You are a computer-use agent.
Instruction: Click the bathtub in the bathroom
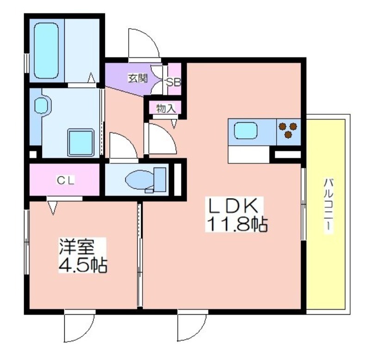point(46,50)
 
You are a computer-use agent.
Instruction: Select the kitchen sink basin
point(246,131)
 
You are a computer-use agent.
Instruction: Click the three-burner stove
point(288,130)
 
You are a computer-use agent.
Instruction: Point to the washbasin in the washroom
point(43,105)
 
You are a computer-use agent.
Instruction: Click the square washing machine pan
point(81,143)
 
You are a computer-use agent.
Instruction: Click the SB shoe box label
point(173,82)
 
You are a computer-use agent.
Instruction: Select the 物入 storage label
point(166,109)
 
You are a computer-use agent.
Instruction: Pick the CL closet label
point(66,180)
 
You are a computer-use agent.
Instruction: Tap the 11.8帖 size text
point(237,224)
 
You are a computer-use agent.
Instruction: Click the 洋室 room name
point(77,247)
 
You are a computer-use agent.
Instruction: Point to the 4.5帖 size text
point(83,265)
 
